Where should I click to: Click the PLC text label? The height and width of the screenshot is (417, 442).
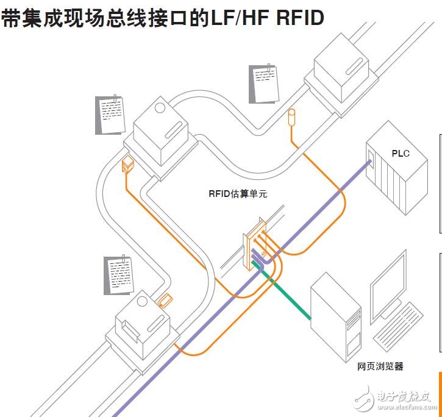pyautogui.click(x=401, y=153)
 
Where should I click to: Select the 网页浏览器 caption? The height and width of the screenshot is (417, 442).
pyautogui.click(x=380, y=366)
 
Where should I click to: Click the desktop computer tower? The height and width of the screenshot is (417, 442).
pyautogui.click(x=337, y=317)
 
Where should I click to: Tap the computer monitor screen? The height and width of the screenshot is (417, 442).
pyautogui.click(x=388, y=287)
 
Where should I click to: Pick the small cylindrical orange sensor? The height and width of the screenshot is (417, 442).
pyautogui.click(x=291, y=116)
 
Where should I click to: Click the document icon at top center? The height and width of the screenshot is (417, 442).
pyautogui.click(x=264, y=84)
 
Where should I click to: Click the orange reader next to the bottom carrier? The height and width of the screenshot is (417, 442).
pyautogui.click(x=165, y=301)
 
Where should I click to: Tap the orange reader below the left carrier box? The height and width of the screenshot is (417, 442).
pyautogui.click(x=128, y=164)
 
